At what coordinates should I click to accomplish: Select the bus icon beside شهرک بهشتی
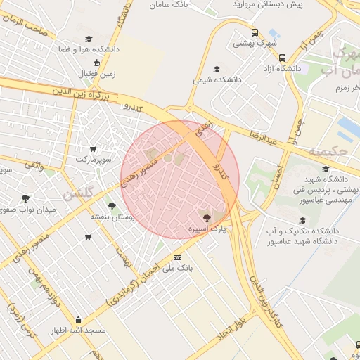pos(254,32)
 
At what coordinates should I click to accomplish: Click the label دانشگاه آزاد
pos(282,68)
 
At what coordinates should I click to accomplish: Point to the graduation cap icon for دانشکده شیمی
pos(217,69)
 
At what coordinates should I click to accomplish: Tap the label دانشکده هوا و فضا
pos(89,49)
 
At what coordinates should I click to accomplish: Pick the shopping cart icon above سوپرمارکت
pos(94,148)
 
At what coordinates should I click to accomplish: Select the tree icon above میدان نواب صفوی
pos(26,199)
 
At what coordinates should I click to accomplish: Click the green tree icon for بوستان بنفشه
pos(112,205)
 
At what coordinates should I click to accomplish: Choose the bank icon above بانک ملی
pos(176,257)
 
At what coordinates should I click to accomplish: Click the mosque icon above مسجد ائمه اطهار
pos(77,319)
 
